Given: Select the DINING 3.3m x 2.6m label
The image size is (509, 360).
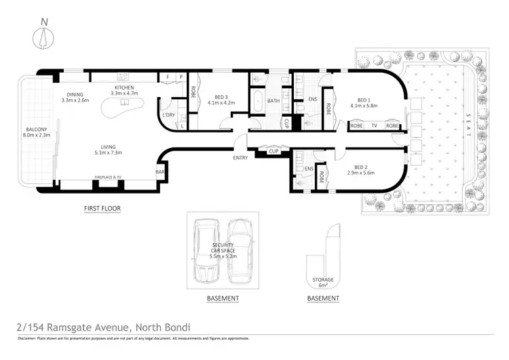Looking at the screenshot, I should pos(75,97).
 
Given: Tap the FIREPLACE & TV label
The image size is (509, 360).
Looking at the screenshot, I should pos(108,178).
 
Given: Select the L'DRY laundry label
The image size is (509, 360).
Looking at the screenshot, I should pos(169,115).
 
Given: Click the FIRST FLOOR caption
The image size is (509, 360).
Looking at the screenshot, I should pos(102,209).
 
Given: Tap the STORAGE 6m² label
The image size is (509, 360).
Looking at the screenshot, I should pos(323,281).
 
